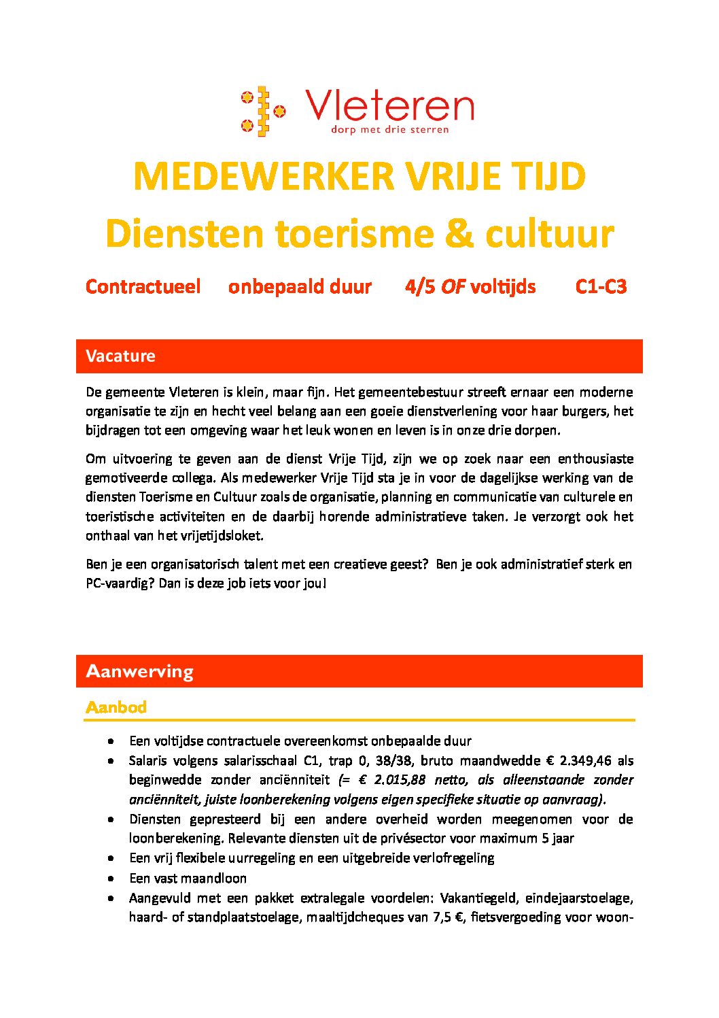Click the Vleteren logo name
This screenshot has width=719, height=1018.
pyautogui.click(x=389, y=106)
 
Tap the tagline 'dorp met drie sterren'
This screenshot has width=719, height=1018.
pyautogui.click(x=389, y=129)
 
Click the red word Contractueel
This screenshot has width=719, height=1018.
pyautogui.click(x=143, y=287)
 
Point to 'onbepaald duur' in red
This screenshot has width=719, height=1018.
pyautogui.click(x=300, y=287)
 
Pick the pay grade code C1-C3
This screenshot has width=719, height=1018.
pyautogui.click(x=601, y=287)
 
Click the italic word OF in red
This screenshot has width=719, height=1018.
pyautogui.click(x=453, y=287)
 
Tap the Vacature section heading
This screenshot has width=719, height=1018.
pyautogui.click(x=120, y=356)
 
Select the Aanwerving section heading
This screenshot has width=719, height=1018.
pyautogui.click(x=139, y=672)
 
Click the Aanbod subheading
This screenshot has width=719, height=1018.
pyautogui.click(x=116, y=707)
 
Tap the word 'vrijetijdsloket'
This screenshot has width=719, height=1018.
pyautogui.click(x=221, y=536)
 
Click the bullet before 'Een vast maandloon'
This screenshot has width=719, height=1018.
pyautogui.click(x=110, y=879)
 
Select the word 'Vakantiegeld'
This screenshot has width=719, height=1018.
pyautogui.click(x=480, y=898)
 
